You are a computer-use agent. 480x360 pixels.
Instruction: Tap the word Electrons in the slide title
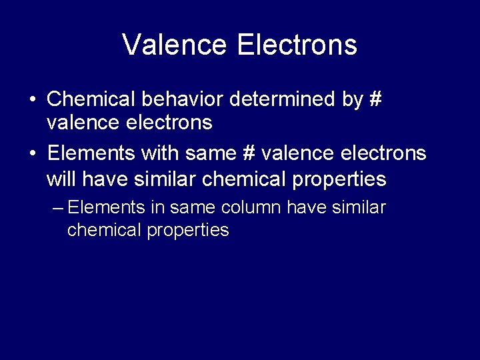coord(297,45)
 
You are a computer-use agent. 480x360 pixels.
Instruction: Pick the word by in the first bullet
coord(353,100)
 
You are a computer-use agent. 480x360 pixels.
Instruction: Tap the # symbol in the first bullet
coord(375,99)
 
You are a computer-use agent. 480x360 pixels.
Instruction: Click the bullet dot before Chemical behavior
coord(33,100)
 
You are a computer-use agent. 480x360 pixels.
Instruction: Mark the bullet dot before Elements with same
coord(33,154)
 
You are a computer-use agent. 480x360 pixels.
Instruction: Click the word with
coord(157,154)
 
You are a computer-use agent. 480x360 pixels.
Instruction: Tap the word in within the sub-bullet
coord(157,208)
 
